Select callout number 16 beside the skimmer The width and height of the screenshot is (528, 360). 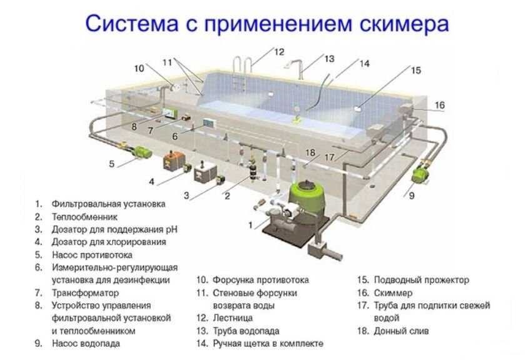(x=440, y=105)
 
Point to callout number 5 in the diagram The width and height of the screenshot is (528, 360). (x=111, y=164)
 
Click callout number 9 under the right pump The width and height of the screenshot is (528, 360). (x=411, y=196)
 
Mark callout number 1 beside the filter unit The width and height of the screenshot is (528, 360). (x=251, y=223)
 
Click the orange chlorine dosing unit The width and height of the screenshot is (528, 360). (x=171, y=161)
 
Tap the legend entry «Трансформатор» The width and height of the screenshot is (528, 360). (x=85, y=292)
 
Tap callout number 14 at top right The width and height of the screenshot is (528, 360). (x=364, y=63)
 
